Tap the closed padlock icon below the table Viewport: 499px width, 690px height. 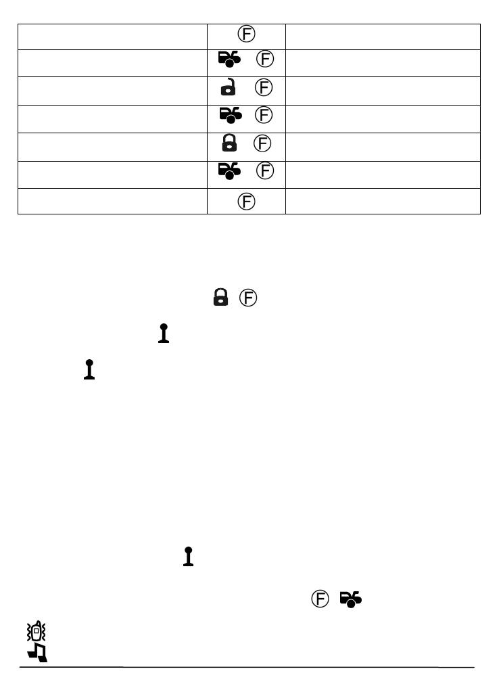[220, 298]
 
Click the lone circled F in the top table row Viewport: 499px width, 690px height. [247, 33]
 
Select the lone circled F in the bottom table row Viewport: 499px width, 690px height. [247, 201]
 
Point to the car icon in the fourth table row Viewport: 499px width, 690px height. [229, 117]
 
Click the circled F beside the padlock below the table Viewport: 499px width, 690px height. [249, 298]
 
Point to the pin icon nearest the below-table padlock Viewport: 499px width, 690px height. [162, 333]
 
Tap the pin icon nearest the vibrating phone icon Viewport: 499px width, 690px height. [189, 557]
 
